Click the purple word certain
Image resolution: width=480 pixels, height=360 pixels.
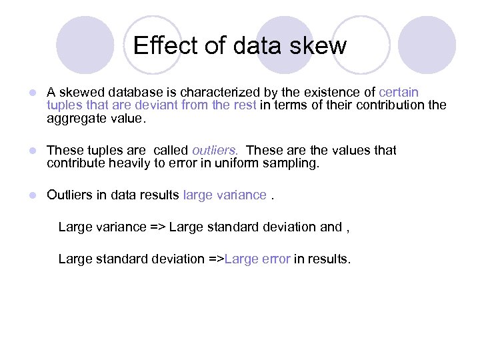[x=399, y=92]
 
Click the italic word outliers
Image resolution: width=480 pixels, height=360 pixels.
[x=215, y=150]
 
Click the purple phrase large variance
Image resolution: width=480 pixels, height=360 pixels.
[x=224, y=195]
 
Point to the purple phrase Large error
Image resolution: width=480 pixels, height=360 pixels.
[x=257, y=259]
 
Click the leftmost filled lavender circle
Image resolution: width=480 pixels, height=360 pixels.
[x=85, y=45]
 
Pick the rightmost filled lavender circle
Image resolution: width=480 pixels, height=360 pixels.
[x=427, y=45]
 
